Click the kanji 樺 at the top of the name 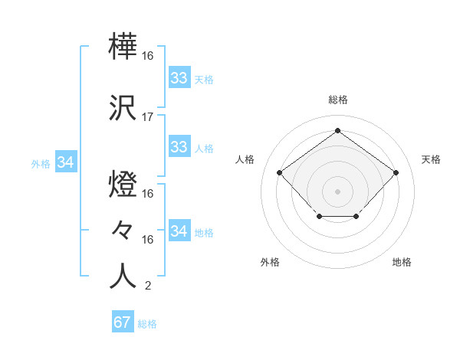[x=123, y=48]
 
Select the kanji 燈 [x=123, y=186]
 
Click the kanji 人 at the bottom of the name [x=123, y=277]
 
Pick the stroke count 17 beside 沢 [x=148, y=117]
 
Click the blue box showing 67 [x=123, y=322]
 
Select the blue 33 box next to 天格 [x=179, y=78]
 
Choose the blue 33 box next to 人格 [x=179, y=147]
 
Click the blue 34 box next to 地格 [x=179, y=231]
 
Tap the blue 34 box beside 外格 [x=66, y=162]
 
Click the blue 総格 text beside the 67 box [x=147, y=324]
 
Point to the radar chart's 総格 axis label [x=337, y=100]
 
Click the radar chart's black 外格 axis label [x=270, y=262]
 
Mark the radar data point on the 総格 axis [x=337, y=131]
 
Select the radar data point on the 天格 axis [x=396, y=172]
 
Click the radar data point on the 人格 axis [x=279, y=172]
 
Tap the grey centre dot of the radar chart [x=337, y=191]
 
